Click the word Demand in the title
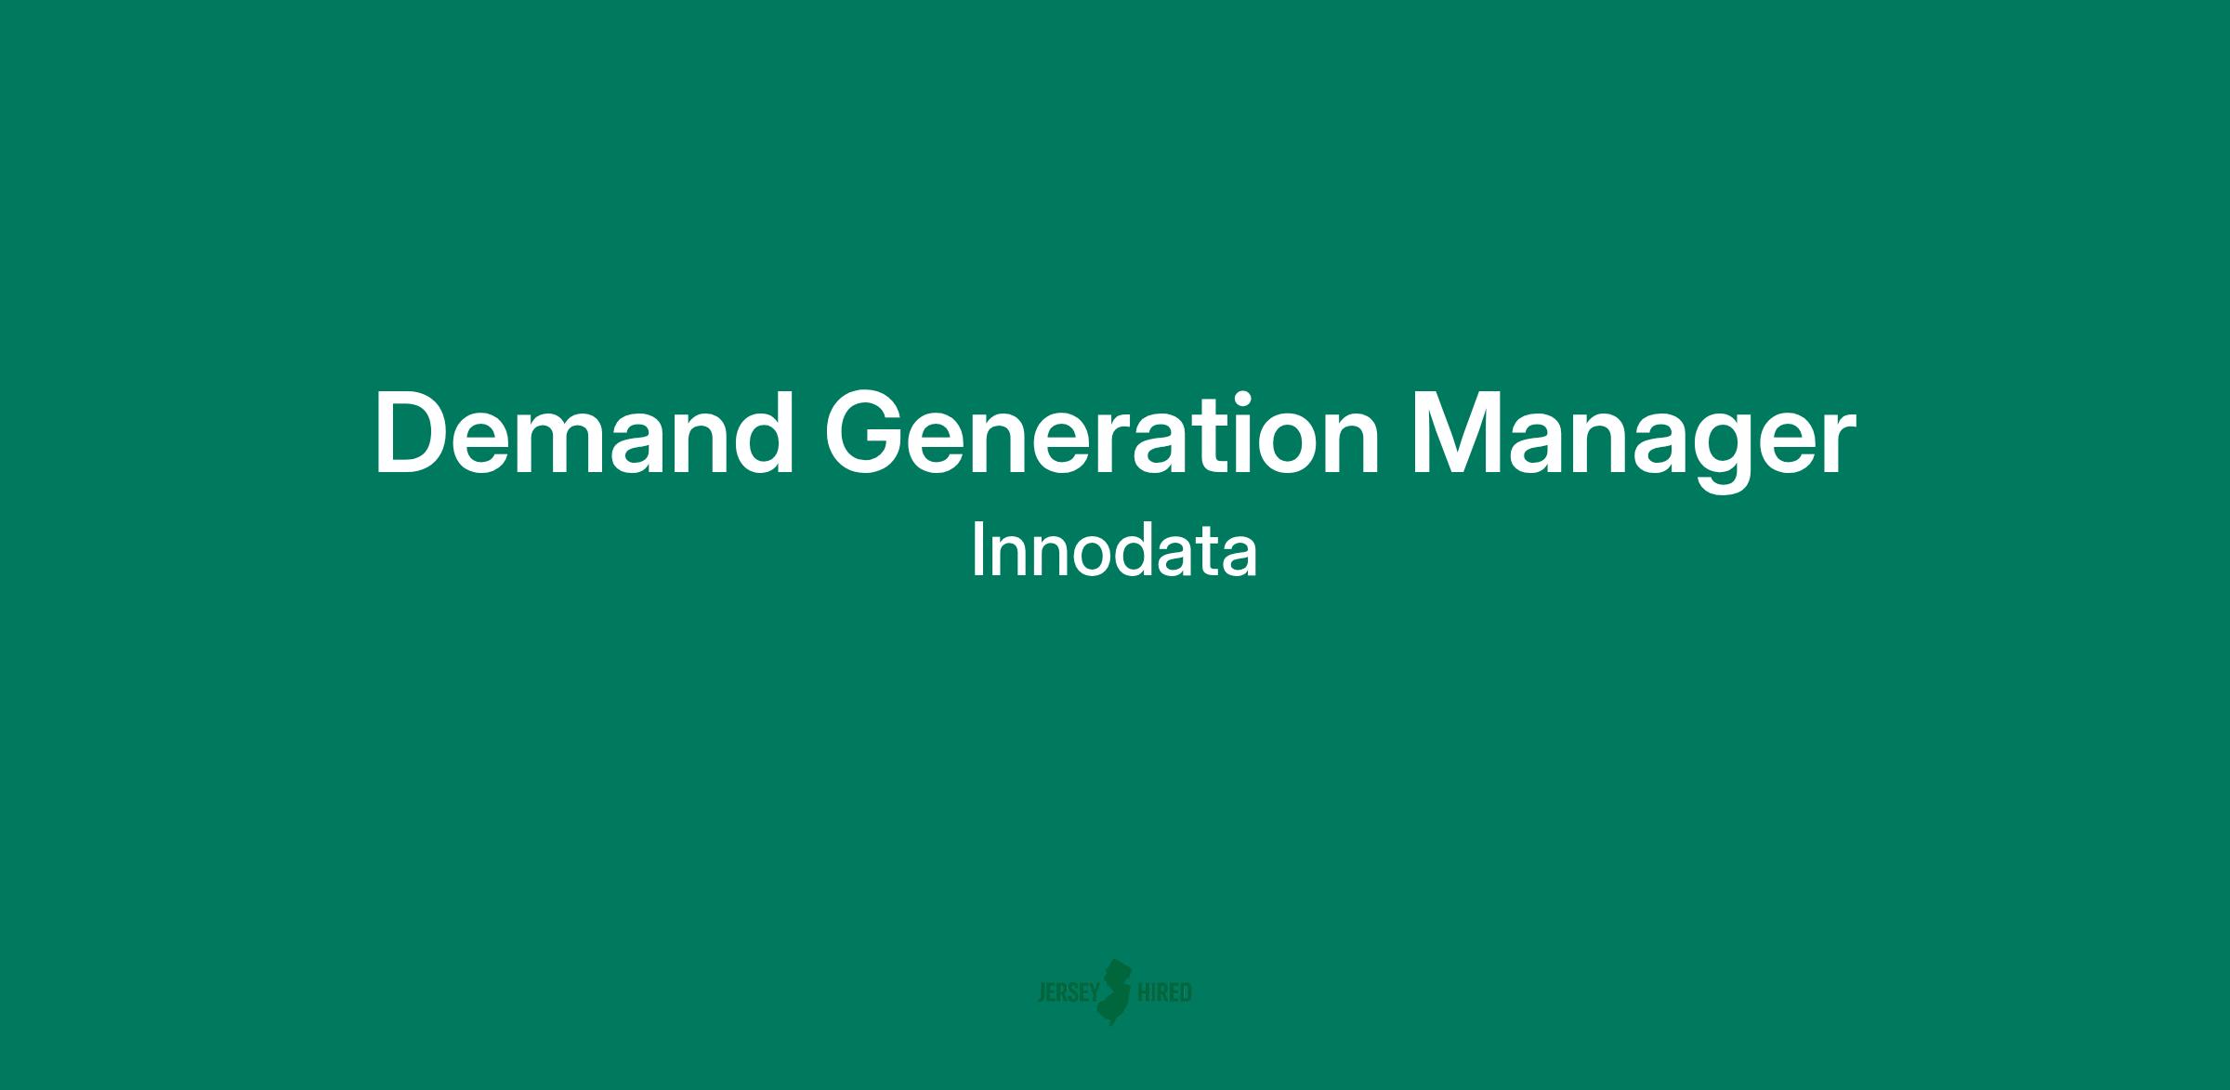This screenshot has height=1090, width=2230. tap(584, 434)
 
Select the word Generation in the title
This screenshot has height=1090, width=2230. tap(1102, 434)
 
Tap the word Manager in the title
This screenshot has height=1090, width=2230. tap(1633, 441)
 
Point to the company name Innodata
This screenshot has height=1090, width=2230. tap(1114, 550)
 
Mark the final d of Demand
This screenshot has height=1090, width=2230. tap(764, 434)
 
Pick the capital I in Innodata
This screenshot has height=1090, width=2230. tap(977, 550)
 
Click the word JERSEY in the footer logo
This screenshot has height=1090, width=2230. tap(1068, 993)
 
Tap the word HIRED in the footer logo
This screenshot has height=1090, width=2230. tap(1164, 993)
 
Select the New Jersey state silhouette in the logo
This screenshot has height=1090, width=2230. tap(1117, 992)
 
